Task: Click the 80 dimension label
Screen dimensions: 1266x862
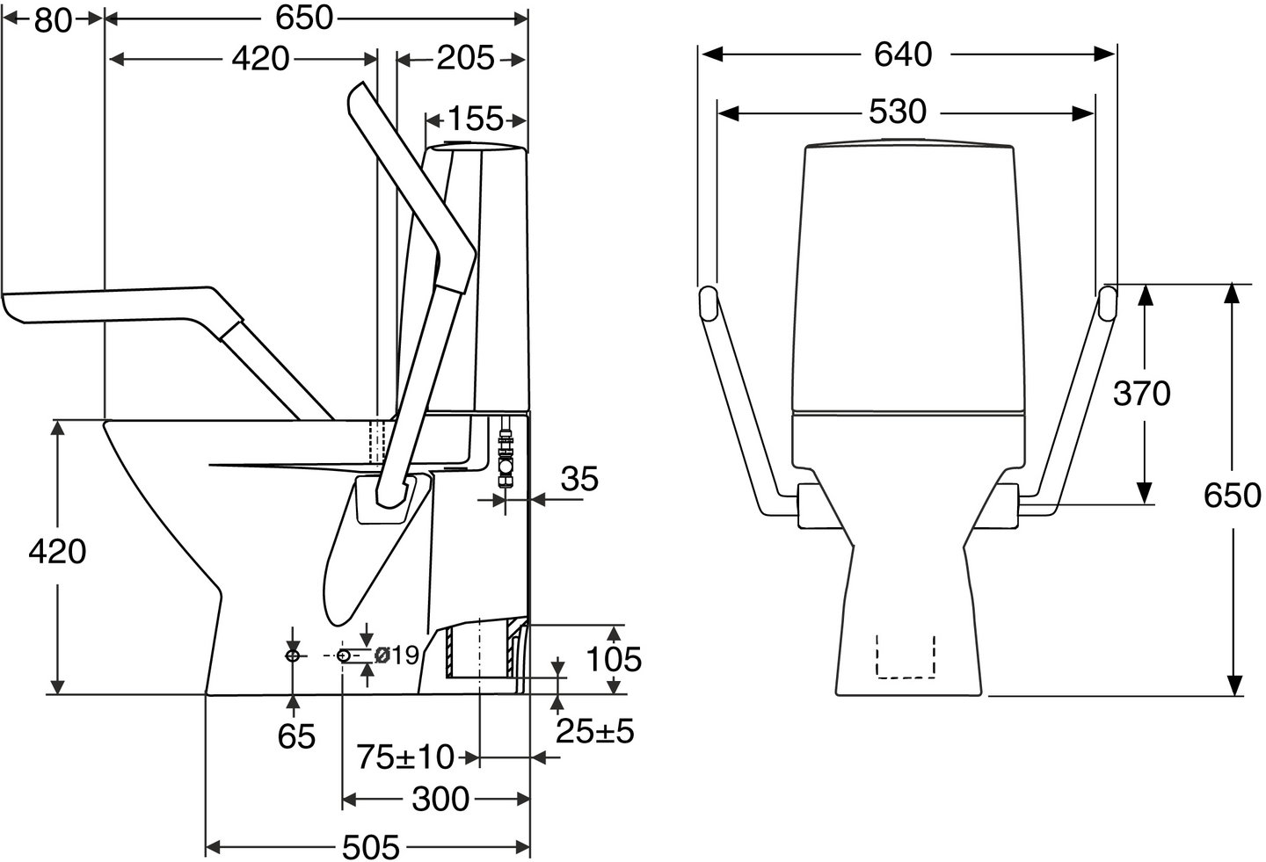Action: click(53, 21)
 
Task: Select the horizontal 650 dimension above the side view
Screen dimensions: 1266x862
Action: click(304, 18)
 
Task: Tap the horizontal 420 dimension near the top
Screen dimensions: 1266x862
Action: click(260, 58)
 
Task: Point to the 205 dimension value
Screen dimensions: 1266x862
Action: click(465, 58)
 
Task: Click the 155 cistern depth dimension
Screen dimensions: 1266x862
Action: click(475, 120)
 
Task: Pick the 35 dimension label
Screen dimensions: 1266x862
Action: click(579, 479)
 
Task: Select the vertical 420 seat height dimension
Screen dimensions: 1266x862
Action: click(57, 551)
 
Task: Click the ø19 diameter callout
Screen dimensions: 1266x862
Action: click(397, 656)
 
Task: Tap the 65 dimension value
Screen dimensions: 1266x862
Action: click(296, 736)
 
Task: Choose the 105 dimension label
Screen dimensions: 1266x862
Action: click(614, 659)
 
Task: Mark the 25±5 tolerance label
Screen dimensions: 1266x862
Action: click(595, 732)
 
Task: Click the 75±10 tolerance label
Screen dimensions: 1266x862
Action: click(405, 757)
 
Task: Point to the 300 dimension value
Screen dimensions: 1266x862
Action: click(440, 800)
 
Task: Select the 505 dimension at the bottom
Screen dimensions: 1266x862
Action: click(371, 847)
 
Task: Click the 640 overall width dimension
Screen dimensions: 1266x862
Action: click(903, 54)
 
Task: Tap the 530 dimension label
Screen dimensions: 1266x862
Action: click(898, 112)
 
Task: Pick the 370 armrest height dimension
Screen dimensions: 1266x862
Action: click(1142, 394)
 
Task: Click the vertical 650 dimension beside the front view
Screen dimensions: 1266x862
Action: click(1232, 496)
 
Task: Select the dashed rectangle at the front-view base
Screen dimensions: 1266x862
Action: click(906, 656)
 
